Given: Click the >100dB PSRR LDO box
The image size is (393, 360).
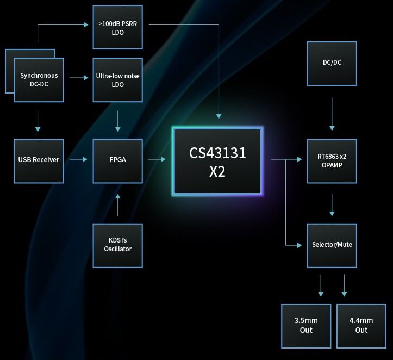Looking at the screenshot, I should pyautogui.click(x=117, y=28).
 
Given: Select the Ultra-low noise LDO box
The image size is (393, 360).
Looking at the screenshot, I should pyautogui.click(x=117, y=80).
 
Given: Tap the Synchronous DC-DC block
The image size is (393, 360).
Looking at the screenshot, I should pyautogui.click(x=39, y=80).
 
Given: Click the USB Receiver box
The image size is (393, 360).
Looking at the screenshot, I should pyautogui.click(x=39, y=160).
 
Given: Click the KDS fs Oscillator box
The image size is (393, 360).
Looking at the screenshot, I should pyautogui.click(x=117, y=245).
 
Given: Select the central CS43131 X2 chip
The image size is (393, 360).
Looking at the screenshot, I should pyautogui.click(x=217, y=162).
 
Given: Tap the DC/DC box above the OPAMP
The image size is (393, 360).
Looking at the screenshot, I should pyautogui.click(x=332, y=63).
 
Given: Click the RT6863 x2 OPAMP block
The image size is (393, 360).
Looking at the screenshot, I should pyautogui.click(x=332, y=160).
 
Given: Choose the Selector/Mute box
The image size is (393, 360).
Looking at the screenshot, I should pyautogui.click(x=332, y=245).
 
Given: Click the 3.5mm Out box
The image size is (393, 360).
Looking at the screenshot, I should pyautogui.click(x=305, y=326).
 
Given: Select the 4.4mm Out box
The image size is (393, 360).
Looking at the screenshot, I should pyautogui.click(x=361, y=326).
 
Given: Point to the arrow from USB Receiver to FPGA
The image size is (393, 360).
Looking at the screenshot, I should pyautogui.click(x=78, y=159).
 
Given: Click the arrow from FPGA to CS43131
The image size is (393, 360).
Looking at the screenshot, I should pyautogui.click(x=157, y=159).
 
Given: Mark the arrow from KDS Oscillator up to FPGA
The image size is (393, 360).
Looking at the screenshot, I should pyautogui.click(x=117, y=207).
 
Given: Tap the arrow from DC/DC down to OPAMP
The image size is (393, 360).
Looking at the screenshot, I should pyautogui.click(x=332, y=114).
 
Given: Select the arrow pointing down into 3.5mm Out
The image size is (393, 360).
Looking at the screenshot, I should pyautogui.click(x=321, y=285).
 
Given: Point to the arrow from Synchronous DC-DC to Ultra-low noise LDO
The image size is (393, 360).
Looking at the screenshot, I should pyautogui.click(x=79, y=78).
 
